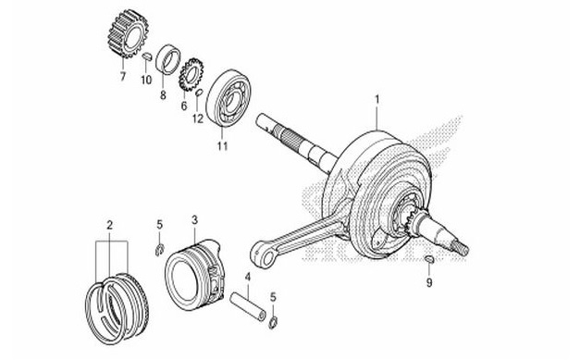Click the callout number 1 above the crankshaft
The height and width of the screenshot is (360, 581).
[x=377, y=98]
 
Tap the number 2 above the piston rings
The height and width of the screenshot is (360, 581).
[x=109, y=225]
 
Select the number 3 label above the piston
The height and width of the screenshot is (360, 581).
[x=194, y=220]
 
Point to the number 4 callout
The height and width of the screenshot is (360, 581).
[x=247, y=276]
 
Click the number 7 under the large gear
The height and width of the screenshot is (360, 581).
[x=121, y=79]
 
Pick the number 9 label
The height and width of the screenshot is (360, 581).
[x=429, y=283]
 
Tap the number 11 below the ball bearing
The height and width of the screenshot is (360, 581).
[x=221, y=145]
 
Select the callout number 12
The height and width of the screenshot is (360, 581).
[x=196, y=118]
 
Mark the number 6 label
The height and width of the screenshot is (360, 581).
[x=183, y=106]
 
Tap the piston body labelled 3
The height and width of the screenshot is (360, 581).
[x=196, y=268]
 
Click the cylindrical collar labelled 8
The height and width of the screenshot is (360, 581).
[x=168, y=59]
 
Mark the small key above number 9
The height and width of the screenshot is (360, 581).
[x=429, y=262]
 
